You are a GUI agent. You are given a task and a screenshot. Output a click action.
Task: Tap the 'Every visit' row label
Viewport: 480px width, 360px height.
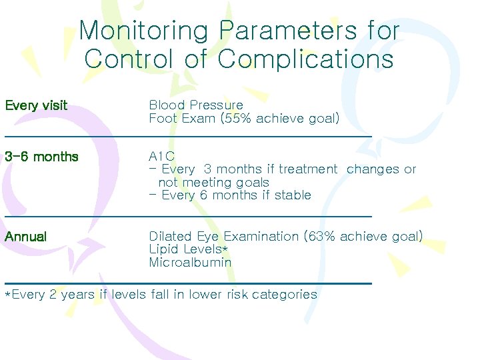[x=36, y=105]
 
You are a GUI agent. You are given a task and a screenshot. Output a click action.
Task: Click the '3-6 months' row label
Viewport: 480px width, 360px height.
[x=41, y=157]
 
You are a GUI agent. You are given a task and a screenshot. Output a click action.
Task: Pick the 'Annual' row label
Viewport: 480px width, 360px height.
[x=25, y=237]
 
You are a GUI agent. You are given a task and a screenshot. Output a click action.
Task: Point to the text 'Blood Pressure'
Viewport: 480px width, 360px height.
[x=196, y=105]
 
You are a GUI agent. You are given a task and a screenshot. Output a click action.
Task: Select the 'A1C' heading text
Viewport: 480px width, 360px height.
[x=162, y=157]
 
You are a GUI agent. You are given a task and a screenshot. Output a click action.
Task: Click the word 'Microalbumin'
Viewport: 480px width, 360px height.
[x=190, y=263]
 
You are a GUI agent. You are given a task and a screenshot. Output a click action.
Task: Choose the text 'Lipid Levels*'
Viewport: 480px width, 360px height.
[x=189, y=249]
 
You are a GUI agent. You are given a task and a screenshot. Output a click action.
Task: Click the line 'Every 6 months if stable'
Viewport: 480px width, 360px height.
[x=236, y=195]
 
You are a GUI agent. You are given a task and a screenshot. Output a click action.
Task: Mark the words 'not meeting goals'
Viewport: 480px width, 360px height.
[x=213, y=183]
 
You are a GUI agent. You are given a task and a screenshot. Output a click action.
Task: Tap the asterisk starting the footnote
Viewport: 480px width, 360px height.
[x=8, y=295]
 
